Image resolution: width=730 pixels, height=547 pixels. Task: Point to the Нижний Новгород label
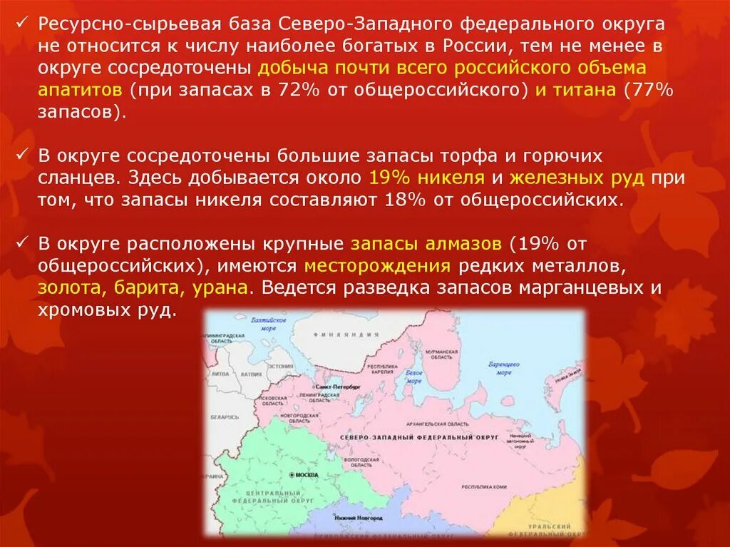click(354, 518)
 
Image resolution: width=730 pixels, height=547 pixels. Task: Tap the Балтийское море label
click(268, 324)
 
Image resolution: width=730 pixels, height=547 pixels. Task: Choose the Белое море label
click(413, 376)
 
